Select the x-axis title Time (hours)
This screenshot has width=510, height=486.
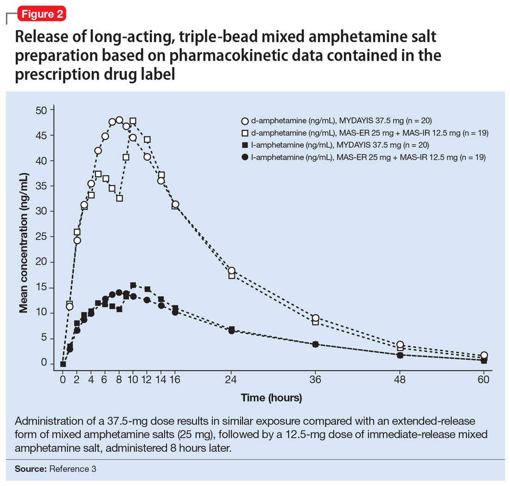click(271, 398)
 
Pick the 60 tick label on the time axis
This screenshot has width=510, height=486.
click(484, 380)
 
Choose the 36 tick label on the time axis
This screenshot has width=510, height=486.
click(316, 380)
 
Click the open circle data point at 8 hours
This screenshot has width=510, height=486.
click(119, 120)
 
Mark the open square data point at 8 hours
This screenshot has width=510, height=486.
click(119, 198)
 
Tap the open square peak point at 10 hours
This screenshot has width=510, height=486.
click(133, 121)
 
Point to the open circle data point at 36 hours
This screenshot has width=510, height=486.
click(316, 318)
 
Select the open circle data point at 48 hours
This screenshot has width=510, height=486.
click(400, 344)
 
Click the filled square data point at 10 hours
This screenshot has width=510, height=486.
click(133, 285)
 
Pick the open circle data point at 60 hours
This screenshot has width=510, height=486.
click(484, 355)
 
